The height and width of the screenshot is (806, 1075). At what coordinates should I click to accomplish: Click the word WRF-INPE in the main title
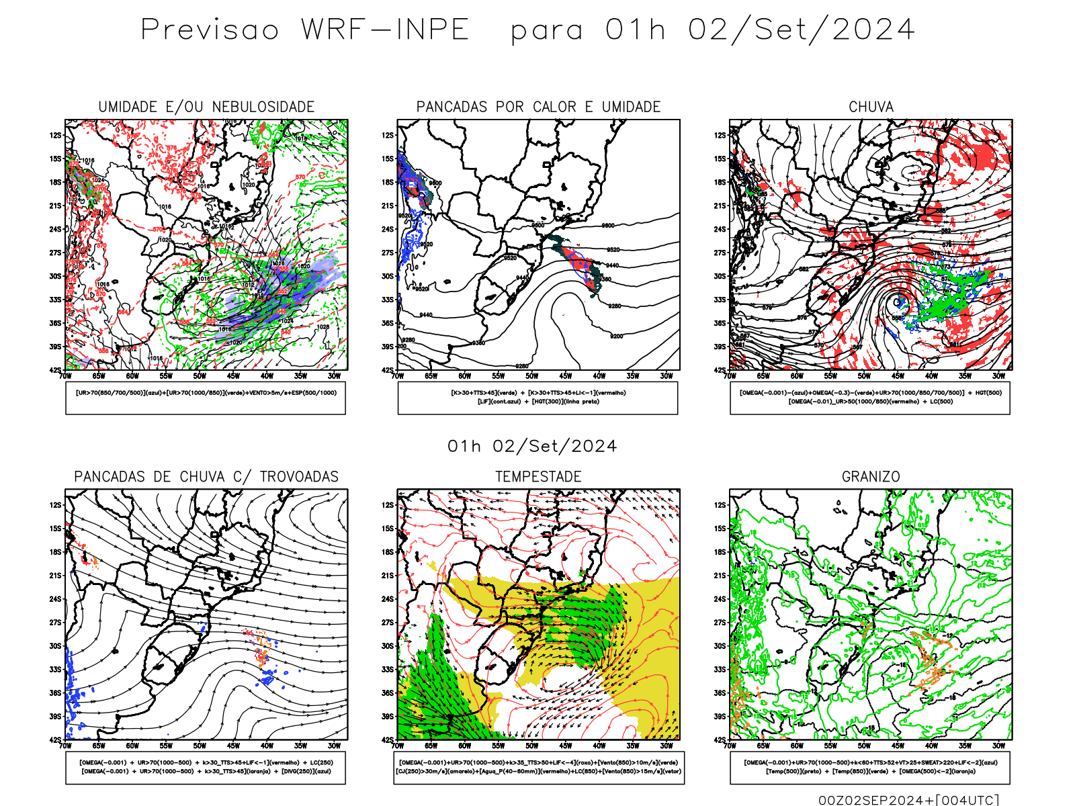tap(384, 30)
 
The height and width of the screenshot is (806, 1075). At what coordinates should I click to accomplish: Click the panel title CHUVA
tap(871, 107)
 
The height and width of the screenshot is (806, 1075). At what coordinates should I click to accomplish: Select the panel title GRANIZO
tap(871, 477)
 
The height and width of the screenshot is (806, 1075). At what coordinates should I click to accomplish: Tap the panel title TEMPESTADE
tap(538, 477)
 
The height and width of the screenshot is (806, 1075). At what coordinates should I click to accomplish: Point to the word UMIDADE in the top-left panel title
tap(128, 107)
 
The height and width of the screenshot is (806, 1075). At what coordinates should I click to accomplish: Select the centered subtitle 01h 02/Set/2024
tap(532, 447)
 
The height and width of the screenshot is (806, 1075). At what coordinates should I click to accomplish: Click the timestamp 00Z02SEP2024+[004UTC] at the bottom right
tap(908, 800)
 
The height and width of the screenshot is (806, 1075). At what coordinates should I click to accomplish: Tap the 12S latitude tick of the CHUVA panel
tap(720, 135)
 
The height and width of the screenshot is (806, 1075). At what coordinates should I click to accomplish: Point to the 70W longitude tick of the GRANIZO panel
tap(730, 746)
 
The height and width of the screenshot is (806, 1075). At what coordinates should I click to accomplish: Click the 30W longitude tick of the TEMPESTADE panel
tap(666, 746)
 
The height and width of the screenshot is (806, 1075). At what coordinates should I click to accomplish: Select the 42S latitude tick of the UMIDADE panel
tap(54, 370)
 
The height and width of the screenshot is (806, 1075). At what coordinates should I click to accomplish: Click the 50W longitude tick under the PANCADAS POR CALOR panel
tap(532, 376)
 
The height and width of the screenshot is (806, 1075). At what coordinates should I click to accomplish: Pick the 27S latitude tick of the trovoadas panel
tap(54, 623)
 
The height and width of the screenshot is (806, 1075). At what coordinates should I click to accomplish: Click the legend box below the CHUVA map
tap(870, 398)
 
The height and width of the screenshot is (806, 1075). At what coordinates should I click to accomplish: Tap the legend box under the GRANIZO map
tap(870, 767)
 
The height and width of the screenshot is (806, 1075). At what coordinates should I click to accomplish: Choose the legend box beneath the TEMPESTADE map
tap(538, 767)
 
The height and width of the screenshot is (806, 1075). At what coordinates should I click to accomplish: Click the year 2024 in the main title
tap(873, 30)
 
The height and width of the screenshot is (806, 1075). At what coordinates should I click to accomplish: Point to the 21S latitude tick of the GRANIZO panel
tap(720, 576)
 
